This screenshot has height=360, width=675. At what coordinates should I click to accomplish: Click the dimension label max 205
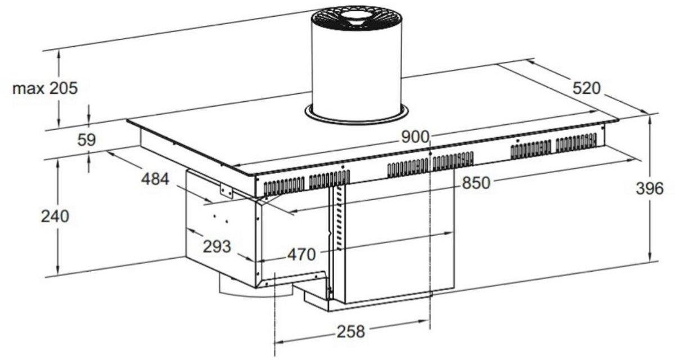(45, 88)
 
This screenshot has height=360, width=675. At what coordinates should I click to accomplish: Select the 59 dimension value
(87, 140)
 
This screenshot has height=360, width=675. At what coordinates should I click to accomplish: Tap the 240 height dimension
(55, 217)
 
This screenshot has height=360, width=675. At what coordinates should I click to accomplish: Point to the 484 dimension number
(155, 179)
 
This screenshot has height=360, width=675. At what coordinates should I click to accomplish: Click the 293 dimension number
(217, 247)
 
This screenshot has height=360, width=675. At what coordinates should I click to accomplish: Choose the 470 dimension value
(301, 255)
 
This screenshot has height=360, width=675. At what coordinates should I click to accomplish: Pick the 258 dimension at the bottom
(351, 332)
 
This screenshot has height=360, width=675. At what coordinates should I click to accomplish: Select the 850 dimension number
(476, 183)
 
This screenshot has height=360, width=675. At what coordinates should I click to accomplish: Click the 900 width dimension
(415, 137)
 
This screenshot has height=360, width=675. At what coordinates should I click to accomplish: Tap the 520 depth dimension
(586, 88)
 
